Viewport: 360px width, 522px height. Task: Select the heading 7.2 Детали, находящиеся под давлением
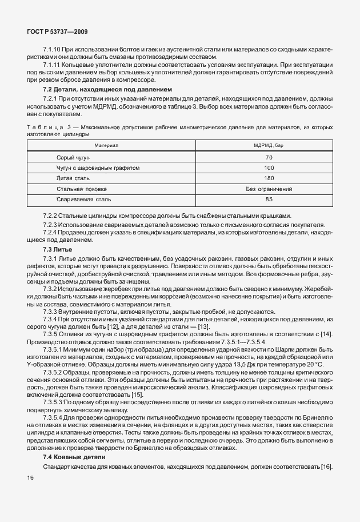[107, 90]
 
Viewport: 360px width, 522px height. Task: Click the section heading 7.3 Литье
[57, 250]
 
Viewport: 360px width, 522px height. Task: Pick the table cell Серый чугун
[73, 157]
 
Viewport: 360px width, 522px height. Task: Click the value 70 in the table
[269, 157]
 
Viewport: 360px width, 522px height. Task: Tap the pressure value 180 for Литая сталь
[269, 178]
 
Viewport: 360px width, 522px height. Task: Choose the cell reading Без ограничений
[269, 189]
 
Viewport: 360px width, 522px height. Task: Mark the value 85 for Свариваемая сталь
[269, 200]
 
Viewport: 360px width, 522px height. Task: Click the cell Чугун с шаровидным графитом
[98, 168]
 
